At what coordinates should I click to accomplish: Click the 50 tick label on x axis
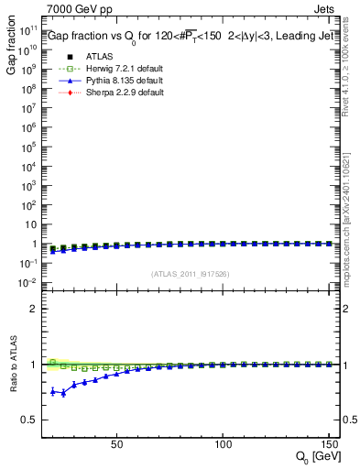coord(116,444)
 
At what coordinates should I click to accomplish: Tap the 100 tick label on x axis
coord(223,444)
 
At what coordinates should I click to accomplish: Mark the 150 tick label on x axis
coord(327,444)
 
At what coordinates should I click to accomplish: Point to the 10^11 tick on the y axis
coord(27,29)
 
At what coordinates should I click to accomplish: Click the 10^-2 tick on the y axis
coord(27,283)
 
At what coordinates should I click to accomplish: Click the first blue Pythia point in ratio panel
coord(53,391)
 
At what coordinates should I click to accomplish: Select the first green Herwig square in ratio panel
coord(53,362)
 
